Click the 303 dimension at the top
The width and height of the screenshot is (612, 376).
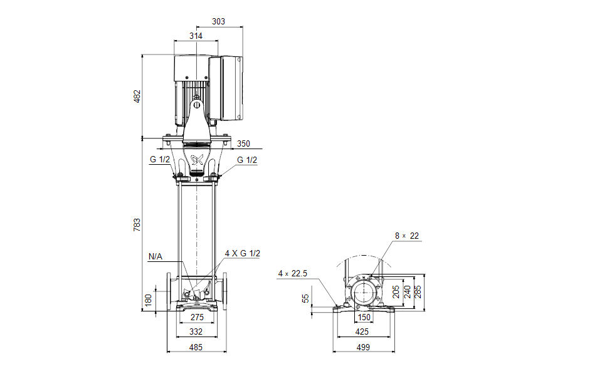tap(219, 22)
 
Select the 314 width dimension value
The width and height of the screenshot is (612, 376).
tap(196, 36)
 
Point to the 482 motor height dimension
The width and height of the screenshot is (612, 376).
tap(137, 97)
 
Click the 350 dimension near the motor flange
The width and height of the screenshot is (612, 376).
tap(243, 144)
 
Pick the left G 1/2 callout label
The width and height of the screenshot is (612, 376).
tap(160, 160)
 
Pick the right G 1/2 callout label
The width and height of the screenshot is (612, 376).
tap(247, 160)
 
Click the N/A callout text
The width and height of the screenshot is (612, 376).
tap(155, 256)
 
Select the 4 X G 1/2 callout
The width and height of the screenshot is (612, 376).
tap(242, 253)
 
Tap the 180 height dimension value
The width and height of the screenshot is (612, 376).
tap(148, 300)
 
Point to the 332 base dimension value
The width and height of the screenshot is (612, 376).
tap(197, 332)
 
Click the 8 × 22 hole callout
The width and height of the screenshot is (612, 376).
tap(406, 236)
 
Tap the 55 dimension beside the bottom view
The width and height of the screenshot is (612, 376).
tap(306, 299)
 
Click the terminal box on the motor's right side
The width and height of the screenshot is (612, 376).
tap(231, 88)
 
